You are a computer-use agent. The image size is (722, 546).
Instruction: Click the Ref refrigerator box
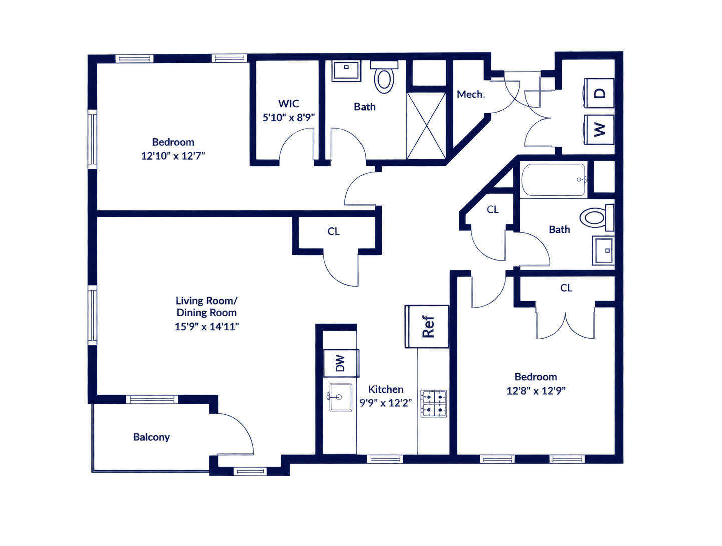(x=426, y=326)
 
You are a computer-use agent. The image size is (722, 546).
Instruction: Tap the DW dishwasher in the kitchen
(x=341, y=363)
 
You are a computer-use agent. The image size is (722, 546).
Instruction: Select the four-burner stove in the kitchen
(x=433, y=404)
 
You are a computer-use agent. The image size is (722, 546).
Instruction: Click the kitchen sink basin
(x=340, y=397)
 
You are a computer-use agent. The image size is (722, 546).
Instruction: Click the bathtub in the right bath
(x=553, y=180)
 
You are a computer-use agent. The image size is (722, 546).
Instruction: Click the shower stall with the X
(x=426, y=126)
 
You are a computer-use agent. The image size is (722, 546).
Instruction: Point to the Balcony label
(x=151, y=437)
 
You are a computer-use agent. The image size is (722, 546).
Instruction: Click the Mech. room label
(x=471, y=95)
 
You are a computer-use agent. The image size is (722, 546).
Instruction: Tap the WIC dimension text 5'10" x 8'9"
(x=288, y=117)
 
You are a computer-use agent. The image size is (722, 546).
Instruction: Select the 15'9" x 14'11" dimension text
(x=207, y=326)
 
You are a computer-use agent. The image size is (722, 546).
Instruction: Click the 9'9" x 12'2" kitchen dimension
(x=386, y=403)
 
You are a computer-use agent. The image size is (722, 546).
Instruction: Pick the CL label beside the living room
(x=333, y=231)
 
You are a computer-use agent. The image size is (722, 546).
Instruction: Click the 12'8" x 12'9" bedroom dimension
(x=536, y=391)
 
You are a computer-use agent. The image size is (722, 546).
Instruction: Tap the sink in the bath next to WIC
(x=346, y=71)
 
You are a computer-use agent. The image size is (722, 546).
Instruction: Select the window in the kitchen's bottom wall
(x=385, y=459)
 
